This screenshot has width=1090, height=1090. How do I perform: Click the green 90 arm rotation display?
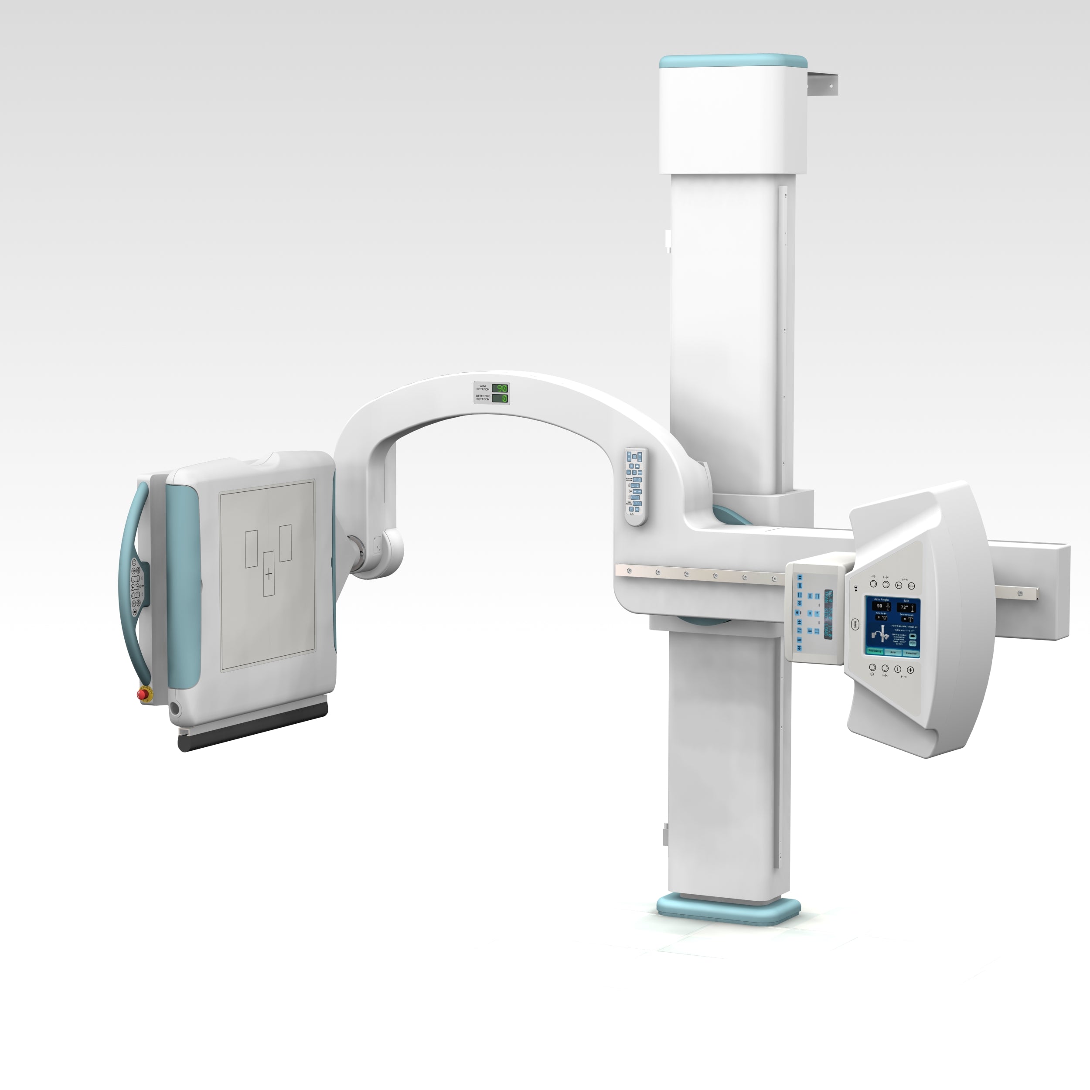[500, 388]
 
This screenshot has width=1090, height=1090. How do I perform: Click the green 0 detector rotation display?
[500, 399]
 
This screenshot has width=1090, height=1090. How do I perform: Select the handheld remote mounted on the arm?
[635, 487]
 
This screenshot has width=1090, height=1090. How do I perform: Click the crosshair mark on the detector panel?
[269, 574]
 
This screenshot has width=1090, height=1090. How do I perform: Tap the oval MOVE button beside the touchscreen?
[854, 624]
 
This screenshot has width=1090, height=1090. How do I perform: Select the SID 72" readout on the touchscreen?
[906, 608]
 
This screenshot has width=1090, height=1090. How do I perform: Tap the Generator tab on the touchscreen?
[911, 653]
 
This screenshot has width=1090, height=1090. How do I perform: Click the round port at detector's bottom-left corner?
[175, 708]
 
